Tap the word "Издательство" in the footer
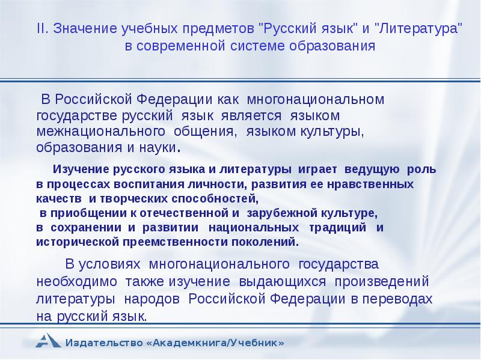click(105, 343)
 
